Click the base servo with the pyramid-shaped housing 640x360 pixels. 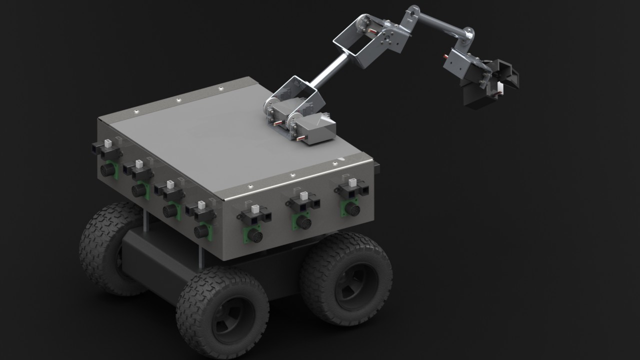click(317, 129)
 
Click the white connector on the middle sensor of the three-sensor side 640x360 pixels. click(303, 195)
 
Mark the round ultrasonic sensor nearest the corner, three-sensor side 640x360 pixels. click(255, 235)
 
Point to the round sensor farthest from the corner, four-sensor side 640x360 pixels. click(107, 170)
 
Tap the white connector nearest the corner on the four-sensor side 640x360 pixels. click(201, 205)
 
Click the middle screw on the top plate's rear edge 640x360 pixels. click(178, 100)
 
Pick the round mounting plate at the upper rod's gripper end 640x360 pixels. click(469, 34)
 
